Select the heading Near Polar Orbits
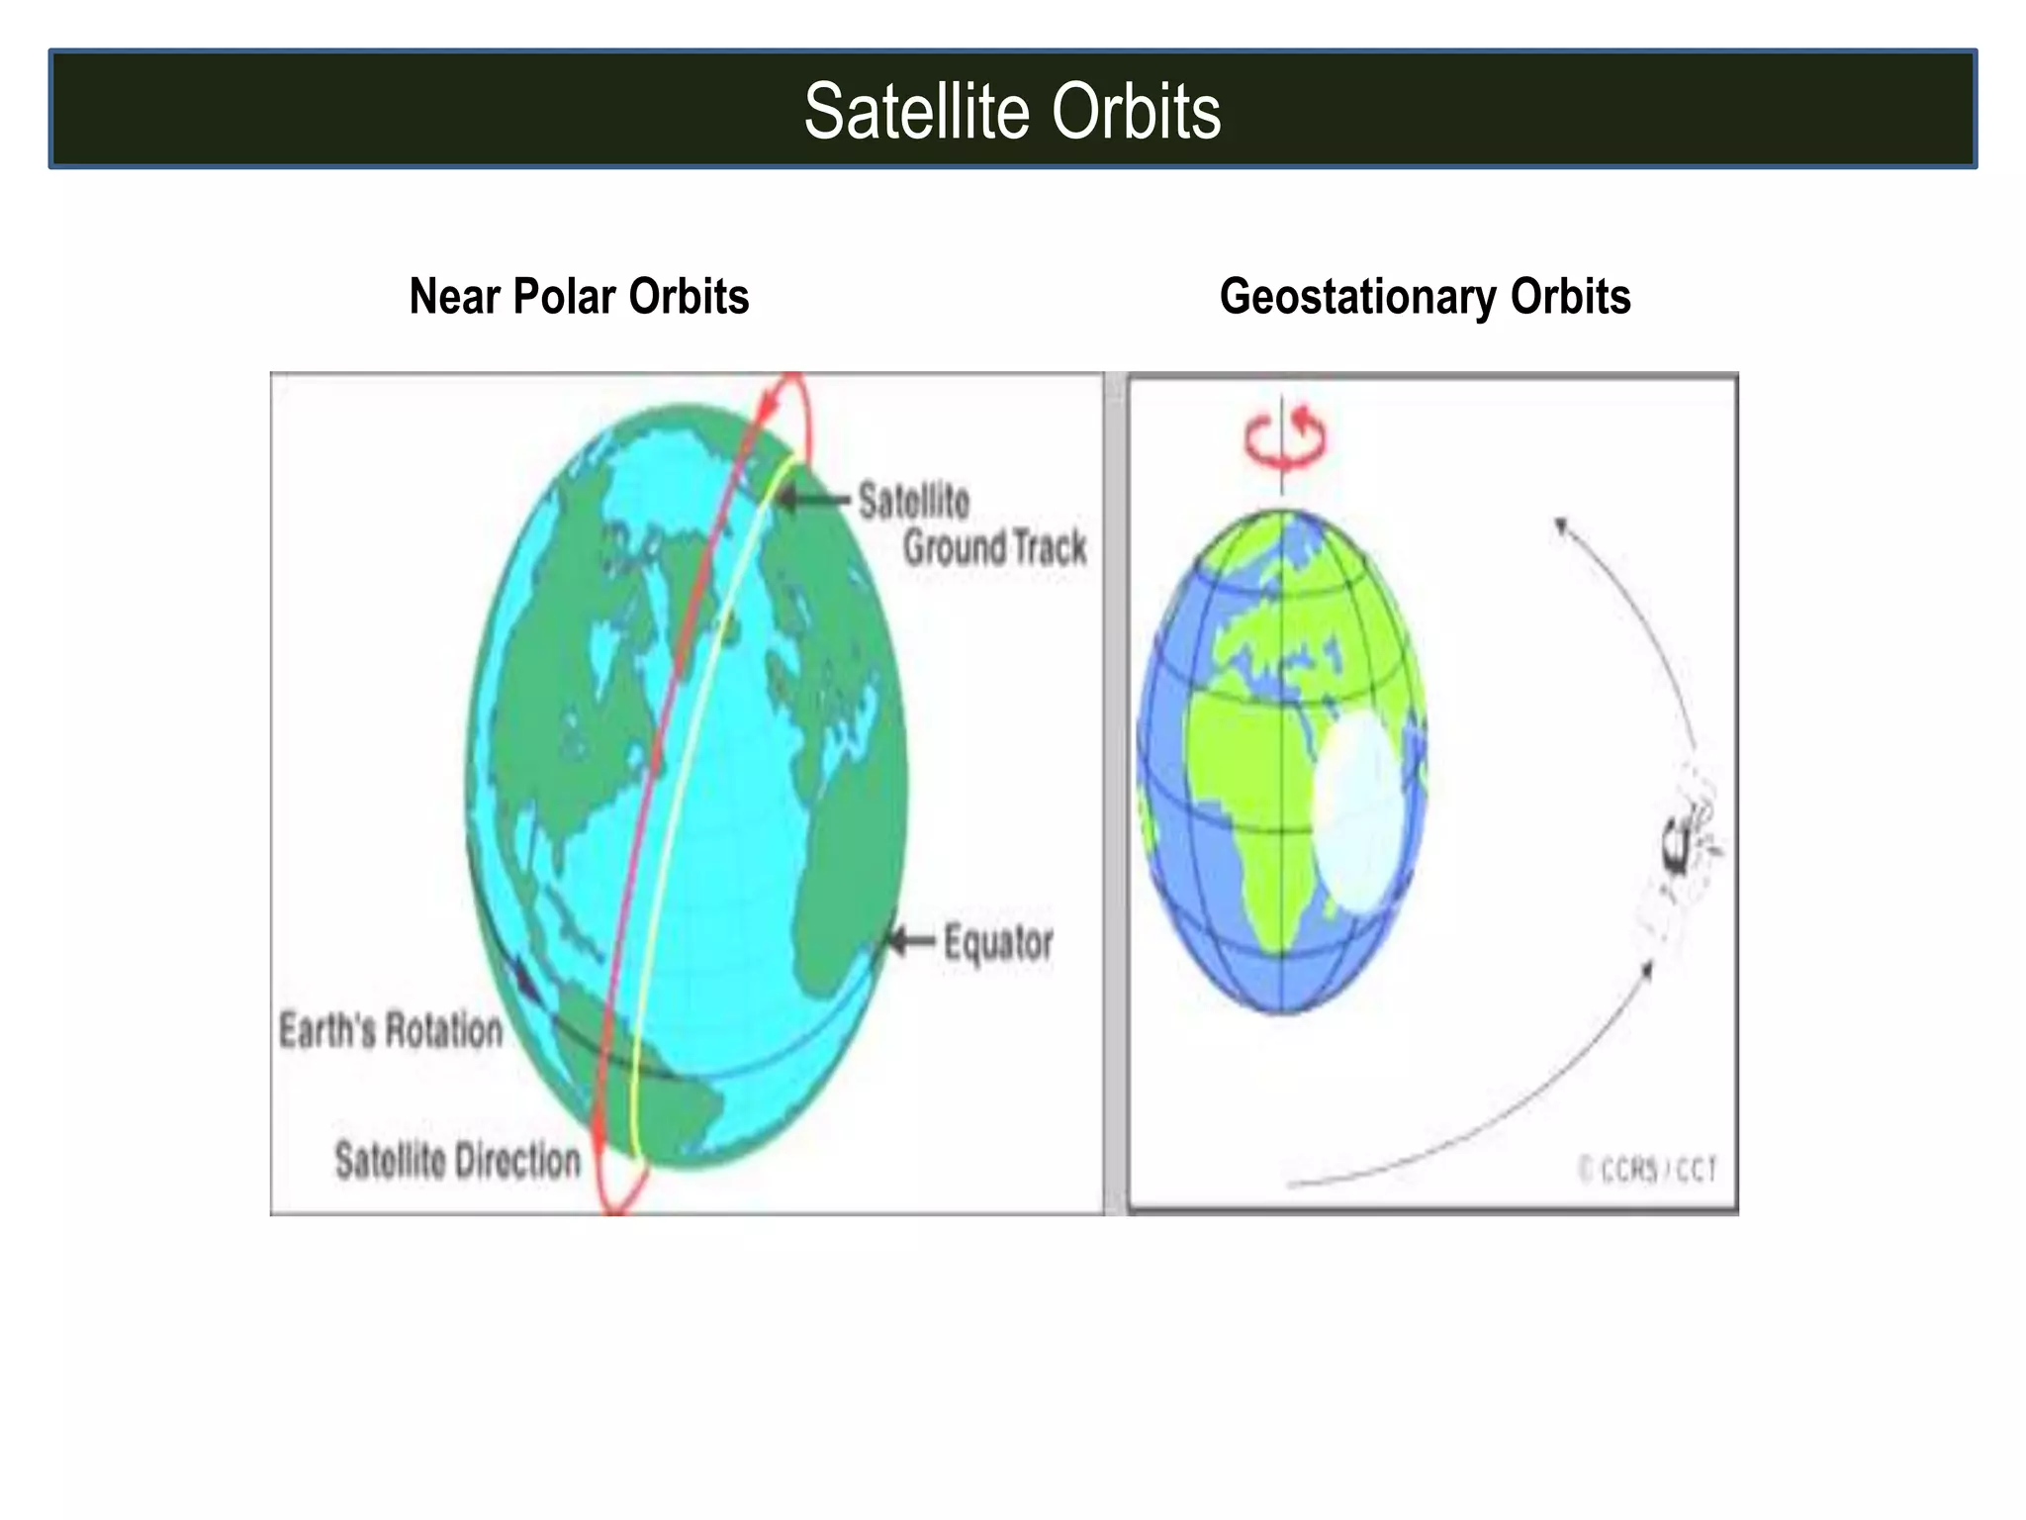click(579, 296)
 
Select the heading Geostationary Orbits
click(1425, 296)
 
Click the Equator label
click(997, 942)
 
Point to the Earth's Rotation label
click(391, 1030)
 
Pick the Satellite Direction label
click(457, 1160)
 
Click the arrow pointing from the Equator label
click(908, 940)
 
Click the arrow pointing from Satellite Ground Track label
click(811, 499)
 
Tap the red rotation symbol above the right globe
click(1284, 438)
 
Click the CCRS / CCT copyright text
click(1647, 1170)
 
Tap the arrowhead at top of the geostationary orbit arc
click(1560, 525)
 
